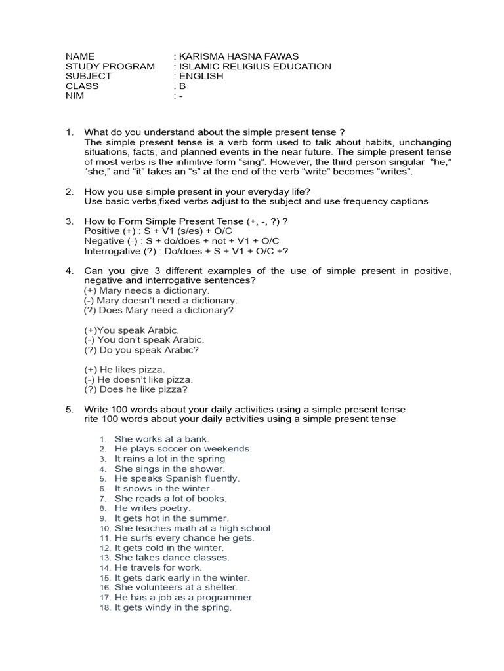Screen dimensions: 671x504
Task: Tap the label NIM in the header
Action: point(75,96)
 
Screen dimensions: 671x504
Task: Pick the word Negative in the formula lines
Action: point(104,241)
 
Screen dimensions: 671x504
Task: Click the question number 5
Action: point(69,410)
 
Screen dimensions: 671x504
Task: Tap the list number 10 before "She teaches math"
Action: point(106,528)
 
